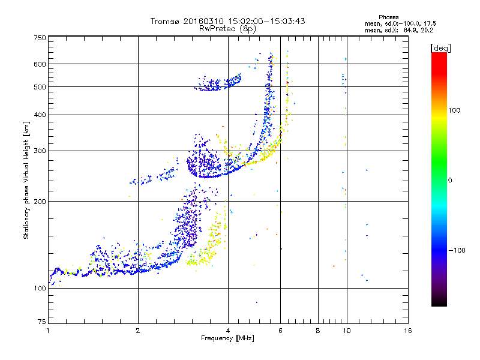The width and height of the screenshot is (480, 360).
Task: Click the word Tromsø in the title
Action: pyautogui.click(x=169, y=21)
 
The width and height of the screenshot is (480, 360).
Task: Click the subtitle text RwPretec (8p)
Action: pyautogui.click(x=227, y=28)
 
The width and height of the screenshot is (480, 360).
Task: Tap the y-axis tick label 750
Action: pyautogui.click(x=40, y=38)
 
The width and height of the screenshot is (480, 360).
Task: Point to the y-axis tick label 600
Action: pyautogui.click(x=40, y=64)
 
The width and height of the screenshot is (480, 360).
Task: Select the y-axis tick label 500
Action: pyautogui.click(x=40, y=87)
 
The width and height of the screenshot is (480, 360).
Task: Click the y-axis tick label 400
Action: pyautogui.click(x=40, y=115)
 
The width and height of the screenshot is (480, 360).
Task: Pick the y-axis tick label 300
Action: pyautogui.click(x=40, y=151)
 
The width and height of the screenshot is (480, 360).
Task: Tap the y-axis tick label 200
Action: pyautogui.click(x=40, y=202)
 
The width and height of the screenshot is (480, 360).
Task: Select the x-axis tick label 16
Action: pyautogui.click(x=407, y=331)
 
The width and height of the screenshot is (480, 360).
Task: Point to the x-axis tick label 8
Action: pyautogui.click(x=318, y=331)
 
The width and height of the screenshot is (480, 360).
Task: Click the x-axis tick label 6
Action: pyautogui.click(x=280, y=331)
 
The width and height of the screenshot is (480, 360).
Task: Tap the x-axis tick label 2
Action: pyautogui.click(x=138, y=331)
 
